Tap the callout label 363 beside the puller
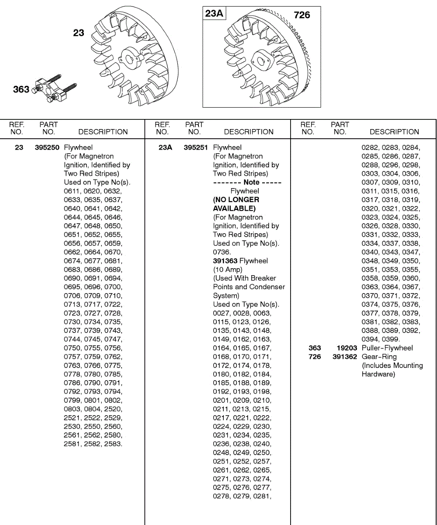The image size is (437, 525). pyautogui.click(x=21, y=90)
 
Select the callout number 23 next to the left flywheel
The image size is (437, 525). pyautogui.click(x=79, y=33)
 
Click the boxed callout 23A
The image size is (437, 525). pyautogui.click(x=214, y=14)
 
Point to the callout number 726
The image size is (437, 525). pyautogui.click(x=302, y=15)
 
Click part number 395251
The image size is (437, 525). pyautogui.click(x=196, y=147)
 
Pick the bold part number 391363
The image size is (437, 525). pyautogui.click(x=225, y=261)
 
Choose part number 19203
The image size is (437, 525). pyautogui.click(x=348, y=348)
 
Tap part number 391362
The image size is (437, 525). pyautogui.click(x=345, y=357)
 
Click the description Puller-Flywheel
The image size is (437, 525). pyautogui.click(x=387, y=348)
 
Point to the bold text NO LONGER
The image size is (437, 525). pyautogui.click(x=236, y=199)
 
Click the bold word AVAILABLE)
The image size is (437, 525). pyautogui.click(x=234, y=208)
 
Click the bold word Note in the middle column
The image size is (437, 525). pyautogui.click(x=251, y=182)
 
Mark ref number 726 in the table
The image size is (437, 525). pyautogui.click(x=315, y=357)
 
